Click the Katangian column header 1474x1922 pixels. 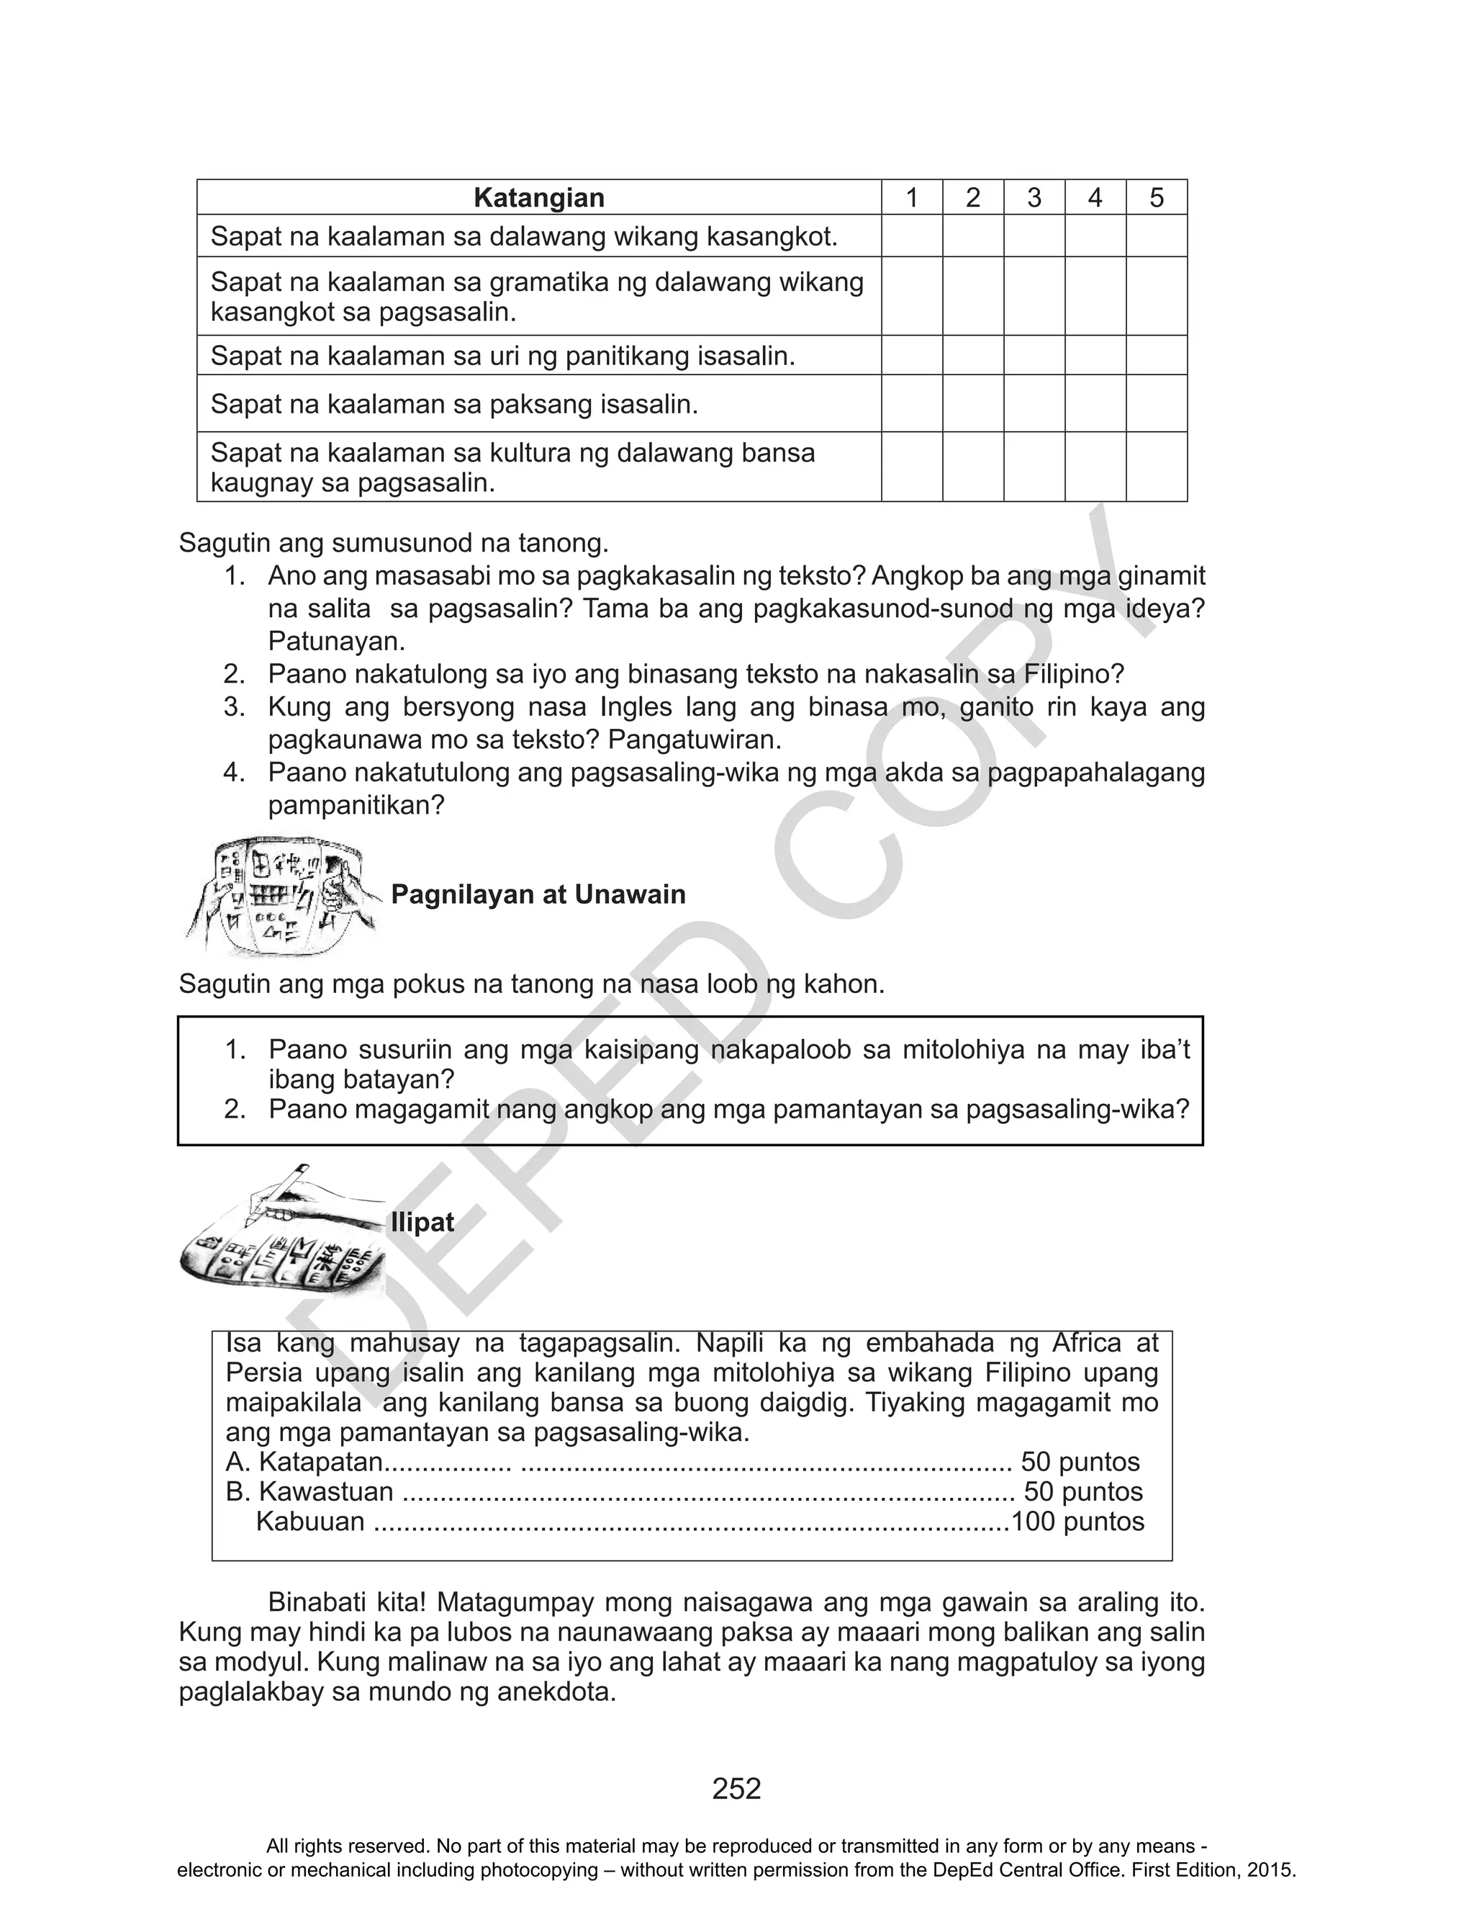coord(538,197)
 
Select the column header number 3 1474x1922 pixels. coord(1034,197)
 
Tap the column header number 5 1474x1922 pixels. coord(1157,197)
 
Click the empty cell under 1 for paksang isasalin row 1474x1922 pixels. coord(912,404)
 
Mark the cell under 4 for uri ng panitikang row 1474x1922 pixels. coord(1095,356)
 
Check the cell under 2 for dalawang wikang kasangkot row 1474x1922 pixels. coord(973,236)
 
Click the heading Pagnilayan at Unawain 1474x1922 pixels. coord(538,894)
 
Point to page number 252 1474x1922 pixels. coord(736,1788)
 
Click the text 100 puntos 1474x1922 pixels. coord(1077,1521)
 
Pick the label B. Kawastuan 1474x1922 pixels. coord(309,1491)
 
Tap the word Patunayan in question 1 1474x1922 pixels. coord(336,642)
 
